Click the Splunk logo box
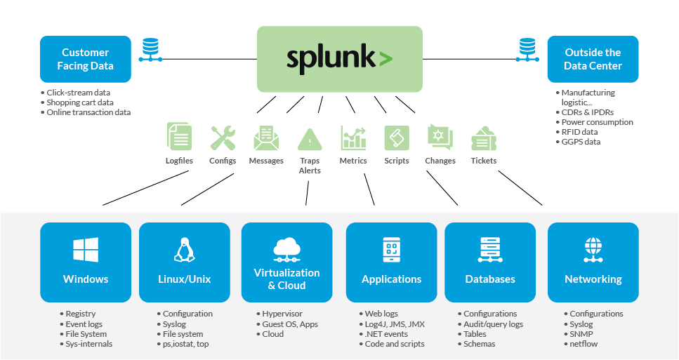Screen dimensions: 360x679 click(339, 59)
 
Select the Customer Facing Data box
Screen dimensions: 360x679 click(86, 59)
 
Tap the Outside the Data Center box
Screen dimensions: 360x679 click(593, 59)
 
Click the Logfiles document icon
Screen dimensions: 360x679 click(179, 137)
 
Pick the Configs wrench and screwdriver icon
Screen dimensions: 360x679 click(223, 138)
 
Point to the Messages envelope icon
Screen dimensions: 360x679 click(266, 138)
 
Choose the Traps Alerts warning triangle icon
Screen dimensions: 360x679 click(310, 139)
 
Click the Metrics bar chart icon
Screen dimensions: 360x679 click(353, 138)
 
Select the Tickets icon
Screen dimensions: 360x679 click(484, 138)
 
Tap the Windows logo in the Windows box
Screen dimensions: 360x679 click(86, 250)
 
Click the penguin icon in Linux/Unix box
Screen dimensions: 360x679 click(184, 250)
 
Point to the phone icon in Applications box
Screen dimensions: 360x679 click(391, 250)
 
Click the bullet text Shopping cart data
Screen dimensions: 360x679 click(79, 102)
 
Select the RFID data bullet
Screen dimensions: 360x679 click(579, 132)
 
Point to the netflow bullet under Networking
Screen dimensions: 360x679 click(584, 344)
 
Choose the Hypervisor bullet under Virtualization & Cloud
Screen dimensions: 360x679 click(282, 314)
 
